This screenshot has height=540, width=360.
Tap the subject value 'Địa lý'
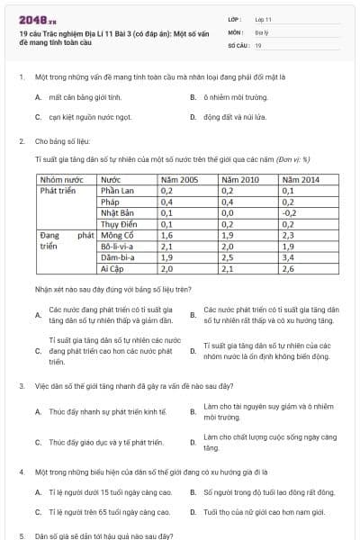(261, 31)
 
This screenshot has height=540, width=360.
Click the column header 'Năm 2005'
(178, 180)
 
